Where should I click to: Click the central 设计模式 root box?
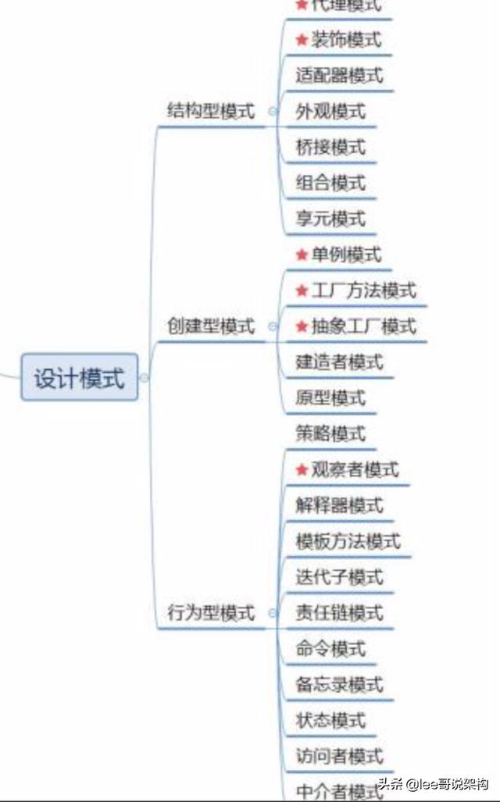coord(79,378)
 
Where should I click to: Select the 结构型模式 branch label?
coord(211,111)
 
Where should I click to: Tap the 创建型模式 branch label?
coord(211,326)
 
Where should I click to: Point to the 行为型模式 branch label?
coord(211,613)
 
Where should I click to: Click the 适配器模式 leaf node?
coord(339,76)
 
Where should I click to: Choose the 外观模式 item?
coord(330,112)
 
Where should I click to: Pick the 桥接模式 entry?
coord(330,148)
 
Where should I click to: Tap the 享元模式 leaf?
coord(330,219)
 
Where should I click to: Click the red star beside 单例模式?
coord(302,255)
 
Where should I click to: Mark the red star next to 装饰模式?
coord(302,40)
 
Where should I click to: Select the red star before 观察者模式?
coord(302,470)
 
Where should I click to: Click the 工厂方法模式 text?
coord(363,291)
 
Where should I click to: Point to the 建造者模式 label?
coord(339,362)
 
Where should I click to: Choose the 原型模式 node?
coord(330,398)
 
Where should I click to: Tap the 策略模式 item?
coord(330,434)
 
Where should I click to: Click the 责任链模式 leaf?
coord(339,613)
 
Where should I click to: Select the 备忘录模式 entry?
coord(339,685)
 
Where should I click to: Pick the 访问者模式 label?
coord(339,756)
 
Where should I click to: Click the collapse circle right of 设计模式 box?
coord(144,378)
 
